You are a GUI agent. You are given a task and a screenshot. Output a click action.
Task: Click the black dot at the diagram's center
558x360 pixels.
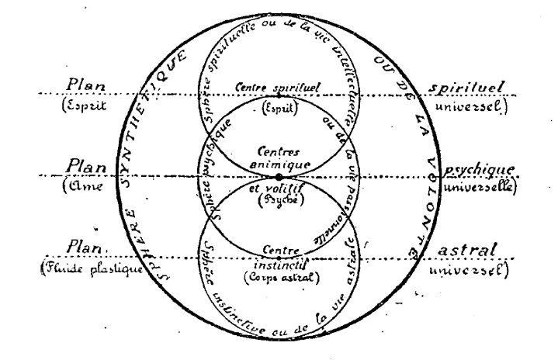click(x=279, y=178)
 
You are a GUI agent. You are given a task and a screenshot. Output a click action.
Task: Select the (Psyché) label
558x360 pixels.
click(x=279, y=199)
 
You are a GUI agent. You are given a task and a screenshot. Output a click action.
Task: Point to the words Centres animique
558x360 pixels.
click(x=279, y=158)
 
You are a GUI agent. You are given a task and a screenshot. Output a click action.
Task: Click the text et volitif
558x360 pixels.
click(x=279, y=187)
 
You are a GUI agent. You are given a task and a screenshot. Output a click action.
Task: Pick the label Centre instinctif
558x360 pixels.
click(x=279, y=256)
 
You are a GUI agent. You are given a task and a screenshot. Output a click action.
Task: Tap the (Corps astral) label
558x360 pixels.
click(x=279, y=277)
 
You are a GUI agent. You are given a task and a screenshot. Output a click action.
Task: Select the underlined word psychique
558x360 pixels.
click(x=476, y=168)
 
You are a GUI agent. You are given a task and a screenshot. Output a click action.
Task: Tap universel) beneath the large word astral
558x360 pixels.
click(x=476, y=272)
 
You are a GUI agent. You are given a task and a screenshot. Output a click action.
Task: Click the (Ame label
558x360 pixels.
click(x=85, y=187)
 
